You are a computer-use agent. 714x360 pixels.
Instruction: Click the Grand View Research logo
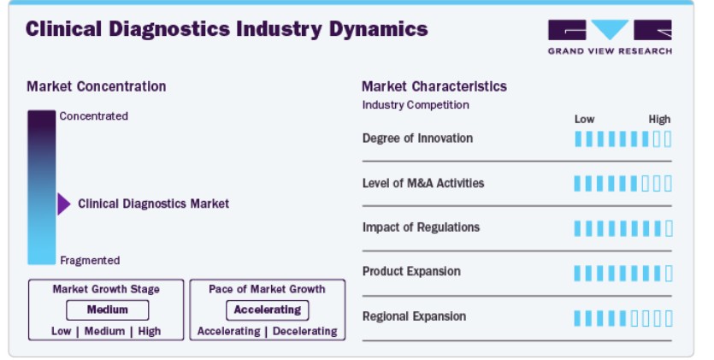pyautogui.click(x=610, y=37)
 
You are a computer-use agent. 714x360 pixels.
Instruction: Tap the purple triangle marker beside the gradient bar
pyautogui.click(x=64, y=204)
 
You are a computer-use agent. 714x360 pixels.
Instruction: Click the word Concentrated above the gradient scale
pyautogui.click(x=93, y=116)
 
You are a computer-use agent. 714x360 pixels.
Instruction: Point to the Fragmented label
pyautogui.click(x=90, y=260)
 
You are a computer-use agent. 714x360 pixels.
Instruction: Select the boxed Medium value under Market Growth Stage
pyautogui.click(x=108, y=310)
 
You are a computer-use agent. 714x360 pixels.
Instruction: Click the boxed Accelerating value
pyautogui.click(x=268, y=310)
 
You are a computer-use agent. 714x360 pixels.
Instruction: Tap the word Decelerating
pyautogui.click(x=305, y=331)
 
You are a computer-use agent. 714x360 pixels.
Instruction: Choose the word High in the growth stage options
pyautogui.click(x=150, y=331)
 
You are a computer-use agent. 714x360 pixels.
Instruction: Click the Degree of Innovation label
pyautogui.click(x=417, y=139)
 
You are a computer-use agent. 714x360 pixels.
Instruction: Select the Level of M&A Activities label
pyautogui.click(x=423, y=183)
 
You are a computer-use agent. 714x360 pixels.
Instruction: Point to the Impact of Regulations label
pyautogui.click(x=421, y=227)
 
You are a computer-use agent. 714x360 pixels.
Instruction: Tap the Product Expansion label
pyautogui.click(x=411, y=271)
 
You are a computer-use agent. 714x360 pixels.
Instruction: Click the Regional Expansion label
pyautogui.click(x=414, y=316)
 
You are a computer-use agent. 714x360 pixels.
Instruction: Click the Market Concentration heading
pyautogui.click(x=96, y=86)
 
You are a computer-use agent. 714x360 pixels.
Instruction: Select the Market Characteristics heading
pyautogui.click(x=434, y=86)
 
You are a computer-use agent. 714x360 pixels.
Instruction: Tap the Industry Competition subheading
pyautogui.click(x=416, y=105)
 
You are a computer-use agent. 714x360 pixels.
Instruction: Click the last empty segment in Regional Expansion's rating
pyautogui.click(x=669, y=319)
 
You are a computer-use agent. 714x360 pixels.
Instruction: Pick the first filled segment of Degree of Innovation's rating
pyautogui.click(x=578, y=139)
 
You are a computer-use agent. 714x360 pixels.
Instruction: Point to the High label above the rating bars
pyautogui.click(x=659, y=120)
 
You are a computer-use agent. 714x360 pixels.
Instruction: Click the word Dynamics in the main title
pyautogui.click(x=379, y=30)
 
